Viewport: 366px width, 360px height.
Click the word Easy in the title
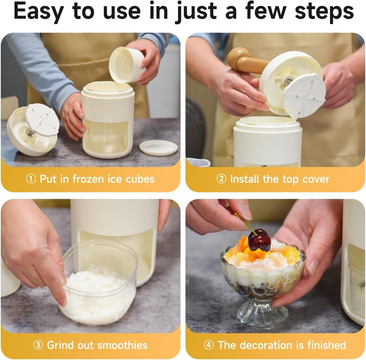[x=39, y=12]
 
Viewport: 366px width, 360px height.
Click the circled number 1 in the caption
[x=31, y=179]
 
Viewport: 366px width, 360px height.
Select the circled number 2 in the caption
[x=221, y=179]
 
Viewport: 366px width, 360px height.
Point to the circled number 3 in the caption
[x=38, y=345]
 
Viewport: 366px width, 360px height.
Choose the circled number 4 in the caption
[x=209, y=345]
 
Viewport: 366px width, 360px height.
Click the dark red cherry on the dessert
[x=259, y=240]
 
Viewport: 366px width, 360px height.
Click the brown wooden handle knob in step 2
[x=238, y=58]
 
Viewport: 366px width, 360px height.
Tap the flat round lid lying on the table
[x=158, y=148]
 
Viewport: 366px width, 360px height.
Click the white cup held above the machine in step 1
[x=126, y=65]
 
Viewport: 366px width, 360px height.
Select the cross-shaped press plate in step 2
[x=304, y=95]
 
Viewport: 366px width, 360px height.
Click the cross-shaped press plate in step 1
[x=42, y=120]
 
